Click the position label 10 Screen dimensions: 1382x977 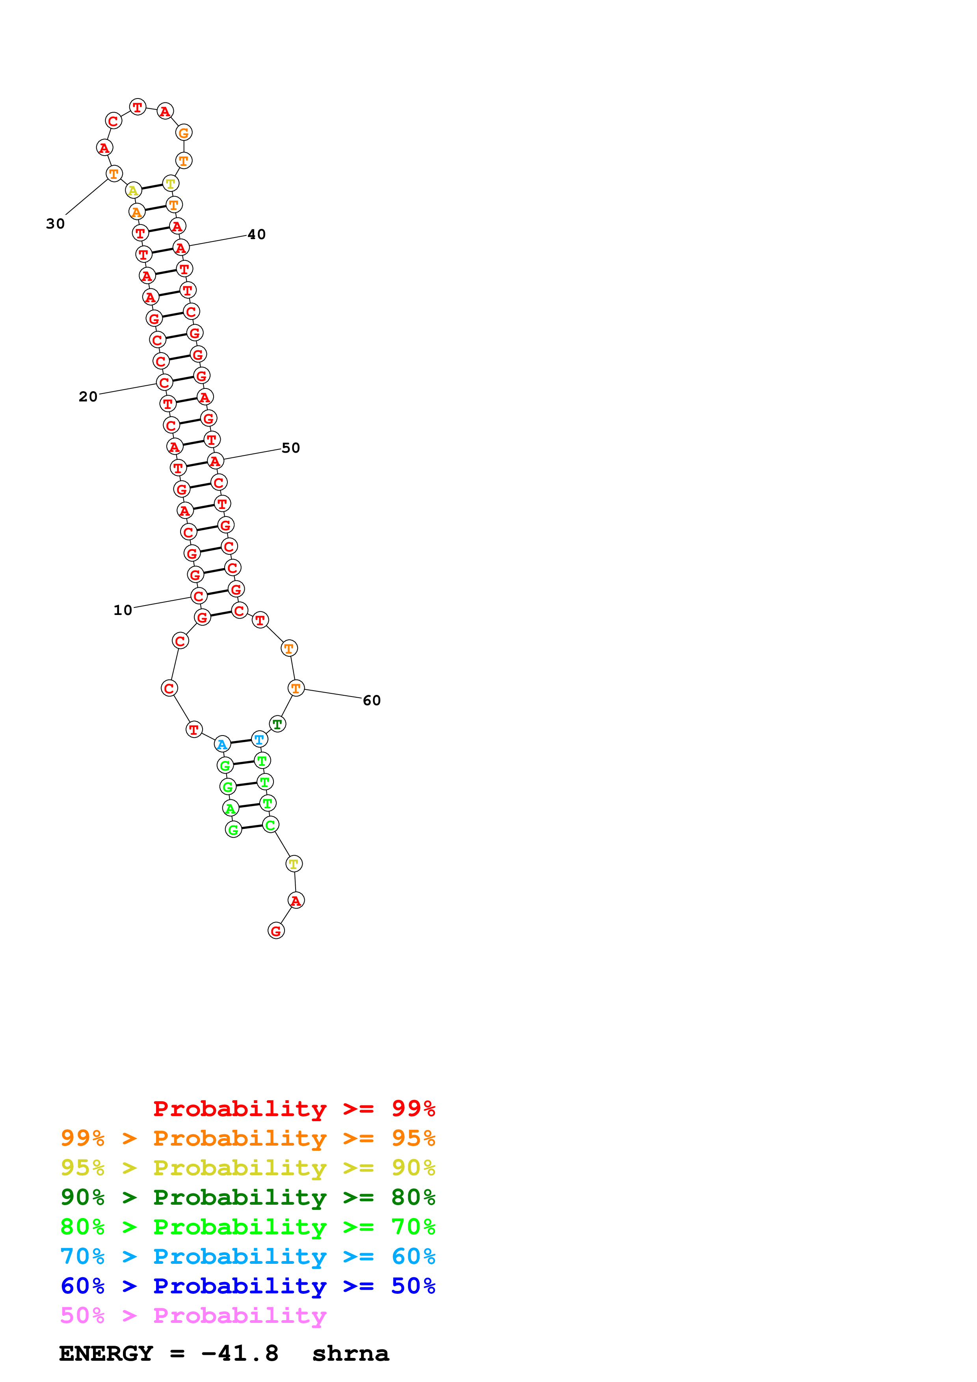[123, 610]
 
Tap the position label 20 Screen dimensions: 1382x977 [88, 397]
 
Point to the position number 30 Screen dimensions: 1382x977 [56, 224]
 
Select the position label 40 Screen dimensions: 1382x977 [257, 235]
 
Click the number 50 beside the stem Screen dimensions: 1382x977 [291, 448]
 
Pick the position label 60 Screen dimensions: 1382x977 [371, 700]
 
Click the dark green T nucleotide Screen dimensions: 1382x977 [277, 724]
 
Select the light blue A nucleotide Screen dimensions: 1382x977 [222, 744]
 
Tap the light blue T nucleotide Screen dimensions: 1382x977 [259, 739]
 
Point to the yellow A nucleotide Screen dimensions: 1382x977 [133, 191]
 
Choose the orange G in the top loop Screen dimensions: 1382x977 [184, 132]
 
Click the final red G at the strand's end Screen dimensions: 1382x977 [276, 931]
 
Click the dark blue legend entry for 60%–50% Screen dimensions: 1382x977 [248, 1286]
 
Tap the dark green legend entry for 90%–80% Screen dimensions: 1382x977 [248, 1197]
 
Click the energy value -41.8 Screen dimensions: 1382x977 [240, 1354]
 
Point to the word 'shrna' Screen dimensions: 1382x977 [350, 1354]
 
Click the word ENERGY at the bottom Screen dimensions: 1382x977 [106, 1354]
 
